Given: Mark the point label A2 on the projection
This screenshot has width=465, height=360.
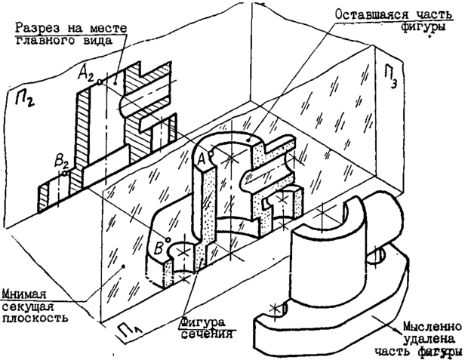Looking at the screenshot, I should [x=88, y=72].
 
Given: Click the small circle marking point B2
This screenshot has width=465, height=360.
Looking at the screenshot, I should [x=66, y=172].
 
